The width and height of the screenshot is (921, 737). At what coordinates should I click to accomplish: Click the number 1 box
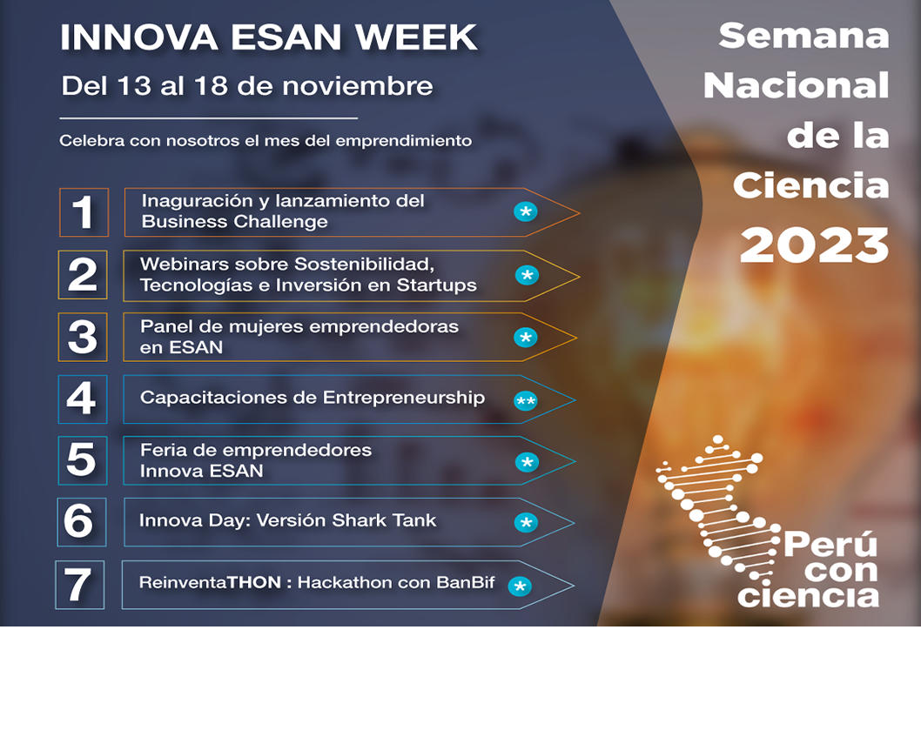coord(84,212)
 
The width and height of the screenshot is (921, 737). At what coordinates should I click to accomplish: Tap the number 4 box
coord(83,399)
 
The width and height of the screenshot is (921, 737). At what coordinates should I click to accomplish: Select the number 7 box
coord(80,585)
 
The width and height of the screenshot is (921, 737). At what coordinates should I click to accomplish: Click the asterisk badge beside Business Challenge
coord(526,212)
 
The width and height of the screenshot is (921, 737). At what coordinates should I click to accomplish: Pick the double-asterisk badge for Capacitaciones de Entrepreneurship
coord(525,401)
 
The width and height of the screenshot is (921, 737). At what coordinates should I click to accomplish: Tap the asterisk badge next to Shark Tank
coord(526,522)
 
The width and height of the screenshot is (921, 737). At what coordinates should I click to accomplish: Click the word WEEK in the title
coord(416,37)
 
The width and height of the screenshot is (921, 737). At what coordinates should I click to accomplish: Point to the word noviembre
coord(358,86)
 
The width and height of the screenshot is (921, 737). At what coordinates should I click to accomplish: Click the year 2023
coord(814,245)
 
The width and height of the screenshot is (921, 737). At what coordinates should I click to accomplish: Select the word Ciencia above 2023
coord(810,185)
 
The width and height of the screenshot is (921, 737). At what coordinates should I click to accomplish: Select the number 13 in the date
coord(135,86)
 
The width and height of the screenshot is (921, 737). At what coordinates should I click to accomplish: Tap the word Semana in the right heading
coord(803,36)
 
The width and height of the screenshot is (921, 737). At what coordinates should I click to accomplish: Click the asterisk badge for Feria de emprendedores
coord(527,462)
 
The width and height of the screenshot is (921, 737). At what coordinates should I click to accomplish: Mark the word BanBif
coord(466,583)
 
